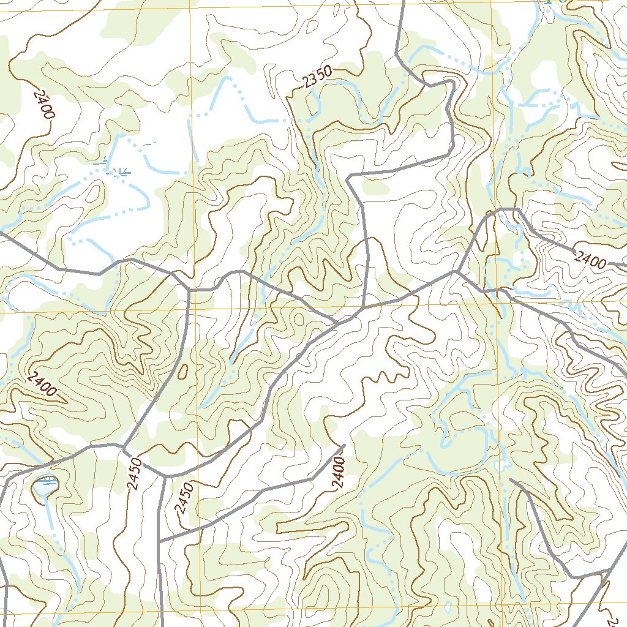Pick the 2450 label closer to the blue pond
click(x=135, y=475)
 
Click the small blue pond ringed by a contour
click(x=45, y=487)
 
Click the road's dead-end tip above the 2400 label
click(x=344, y=446)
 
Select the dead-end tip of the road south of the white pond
click(x=511, y=481)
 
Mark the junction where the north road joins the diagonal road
click(x=363, y=308)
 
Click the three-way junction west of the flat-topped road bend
click(x=457, y=271)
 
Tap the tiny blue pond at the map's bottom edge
click(x=448, y=609)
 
